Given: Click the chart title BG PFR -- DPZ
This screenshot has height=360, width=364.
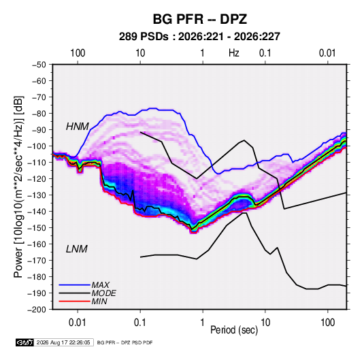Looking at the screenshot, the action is tap(200, 19).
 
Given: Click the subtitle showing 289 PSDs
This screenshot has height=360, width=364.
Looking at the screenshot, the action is tap(199, 37).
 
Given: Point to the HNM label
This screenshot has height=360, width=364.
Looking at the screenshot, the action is tap(78, 127).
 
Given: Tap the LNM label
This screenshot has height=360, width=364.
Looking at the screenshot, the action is tap(77, 249).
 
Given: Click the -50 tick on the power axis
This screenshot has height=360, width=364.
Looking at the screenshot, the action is tap(39, 65).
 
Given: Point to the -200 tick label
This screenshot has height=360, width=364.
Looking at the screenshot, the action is tap(37, 310).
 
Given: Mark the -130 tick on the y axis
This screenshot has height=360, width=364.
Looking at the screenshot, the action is tap(37, 195).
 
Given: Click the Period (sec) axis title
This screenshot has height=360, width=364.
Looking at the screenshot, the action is tap(234, 330).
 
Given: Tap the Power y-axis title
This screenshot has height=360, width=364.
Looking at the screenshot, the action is tap(18, 187).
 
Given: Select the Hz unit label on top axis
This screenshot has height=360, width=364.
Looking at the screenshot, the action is tap(234, 53).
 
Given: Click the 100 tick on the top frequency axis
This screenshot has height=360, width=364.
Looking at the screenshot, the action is tap(78, 53).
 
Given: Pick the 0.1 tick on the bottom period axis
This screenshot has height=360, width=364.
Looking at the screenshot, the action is tap(140, 323).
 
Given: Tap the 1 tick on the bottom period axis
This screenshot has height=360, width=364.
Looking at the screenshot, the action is tap(203, 323).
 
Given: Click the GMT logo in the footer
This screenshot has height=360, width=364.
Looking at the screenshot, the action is tap(25, 342).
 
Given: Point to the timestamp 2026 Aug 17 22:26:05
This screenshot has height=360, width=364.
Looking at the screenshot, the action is tap(63, 342).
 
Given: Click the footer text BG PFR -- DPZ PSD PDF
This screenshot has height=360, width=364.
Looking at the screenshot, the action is tap(125, 343).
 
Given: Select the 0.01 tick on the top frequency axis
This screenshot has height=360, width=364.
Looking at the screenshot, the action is tap(327, 53).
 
